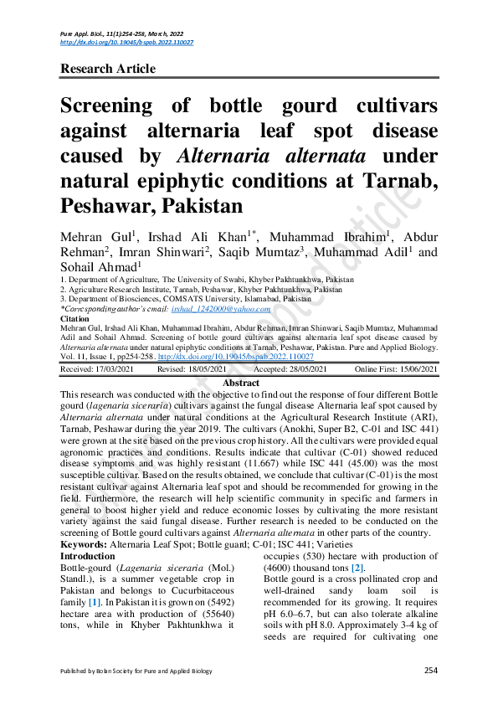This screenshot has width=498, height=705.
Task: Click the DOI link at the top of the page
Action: tap(126, 42)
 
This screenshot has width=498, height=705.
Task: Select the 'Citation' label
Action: tap(75, 319)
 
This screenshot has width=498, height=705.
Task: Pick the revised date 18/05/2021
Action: tap(204, 369)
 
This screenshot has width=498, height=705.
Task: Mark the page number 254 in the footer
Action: tap(431, 670)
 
